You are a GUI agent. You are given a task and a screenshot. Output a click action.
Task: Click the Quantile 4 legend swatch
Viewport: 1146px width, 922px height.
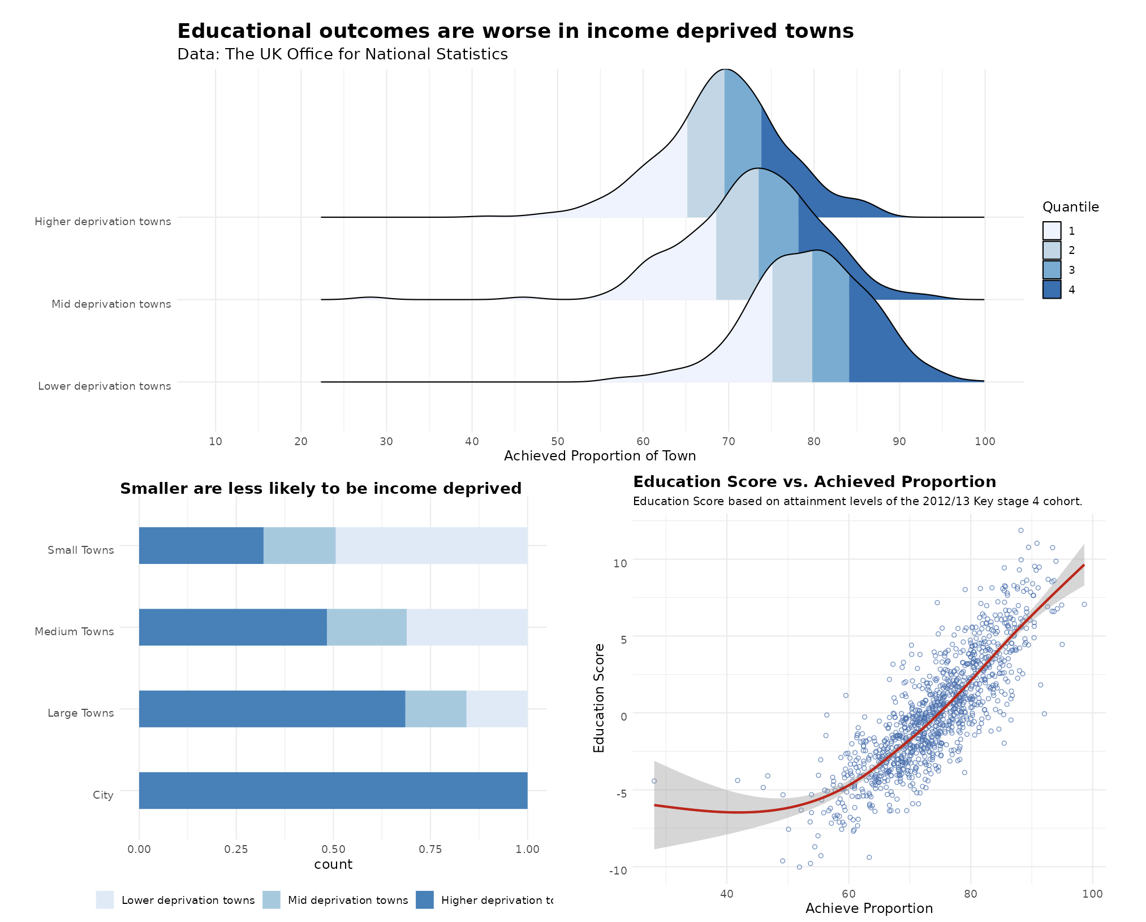point(1052,290)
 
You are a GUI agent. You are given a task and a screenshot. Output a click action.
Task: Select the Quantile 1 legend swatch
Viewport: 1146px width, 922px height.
point(1052,231)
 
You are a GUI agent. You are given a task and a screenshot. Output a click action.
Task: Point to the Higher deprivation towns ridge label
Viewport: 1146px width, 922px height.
point(102,222)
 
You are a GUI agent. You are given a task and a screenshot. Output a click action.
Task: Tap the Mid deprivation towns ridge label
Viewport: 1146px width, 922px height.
point(111,304)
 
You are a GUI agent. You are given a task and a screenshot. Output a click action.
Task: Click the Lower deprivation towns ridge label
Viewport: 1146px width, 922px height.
point(104,386)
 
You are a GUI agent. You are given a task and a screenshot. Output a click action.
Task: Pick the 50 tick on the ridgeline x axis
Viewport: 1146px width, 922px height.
point(557,441)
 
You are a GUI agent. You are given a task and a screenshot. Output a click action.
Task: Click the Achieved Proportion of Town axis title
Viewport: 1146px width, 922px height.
point(600,456)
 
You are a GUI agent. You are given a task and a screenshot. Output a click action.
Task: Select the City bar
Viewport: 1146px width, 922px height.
point(333,790)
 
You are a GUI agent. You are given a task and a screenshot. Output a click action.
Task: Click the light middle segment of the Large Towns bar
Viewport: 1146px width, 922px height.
point(436,709)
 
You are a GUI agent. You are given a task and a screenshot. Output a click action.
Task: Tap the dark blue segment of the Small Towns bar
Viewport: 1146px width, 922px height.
point(201,546)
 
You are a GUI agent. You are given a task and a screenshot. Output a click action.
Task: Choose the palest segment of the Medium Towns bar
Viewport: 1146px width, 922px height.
point(467,627)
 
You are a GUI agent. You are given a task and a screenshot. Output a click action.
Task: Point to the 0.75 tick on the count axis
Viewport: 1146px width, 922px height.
point(430,849)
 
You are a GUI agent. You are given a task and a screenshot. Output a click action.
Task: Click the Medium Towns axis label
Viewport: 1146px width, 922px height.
point(74,632)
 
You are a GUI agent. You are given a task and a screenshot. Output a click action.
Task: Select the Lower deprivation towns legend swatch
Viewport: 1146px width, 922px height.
point(105,900)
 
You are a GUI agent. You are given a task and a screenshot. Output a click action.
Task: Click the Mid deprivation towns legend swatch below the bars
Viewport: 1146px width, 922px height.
point(272,900)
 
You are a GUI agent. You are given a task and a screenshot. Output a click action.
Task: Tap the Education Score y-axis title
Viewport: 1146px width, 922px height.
point(599,698)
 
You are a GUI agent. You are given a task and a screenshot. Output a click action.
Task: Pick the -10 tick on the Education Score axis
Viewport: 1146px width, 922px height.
point(618,871)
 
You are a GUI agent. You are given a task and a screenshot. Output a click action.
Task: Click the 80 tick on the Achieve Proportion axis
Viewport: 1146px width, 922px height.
point(971,894)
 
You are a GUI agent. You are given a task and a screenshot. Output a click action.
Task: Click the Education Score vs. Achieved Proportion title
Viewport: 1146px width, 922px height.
point(815,482)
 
